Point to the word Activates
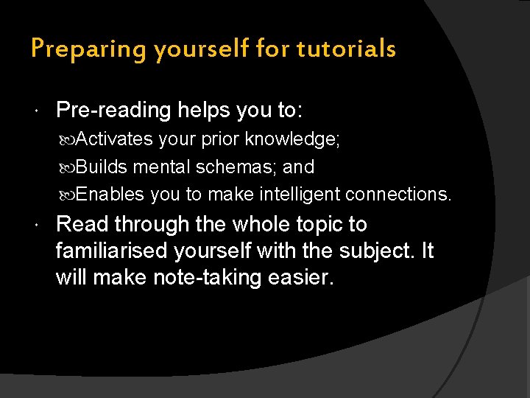point(114,139)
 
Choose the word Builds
point(102,167)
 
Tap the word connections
point(398,195)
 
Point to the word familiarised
point(113,251)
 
